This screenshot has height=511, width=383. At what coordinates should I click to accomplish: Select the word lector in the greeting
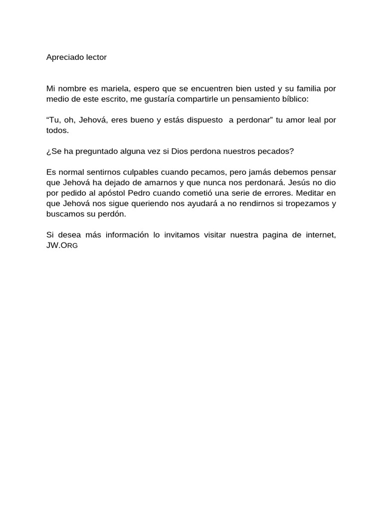95,57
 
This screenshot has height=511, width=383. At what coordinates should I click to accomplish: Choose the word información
126,236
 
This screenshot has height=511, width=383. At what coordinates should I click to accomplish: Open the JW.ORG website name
62,246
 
